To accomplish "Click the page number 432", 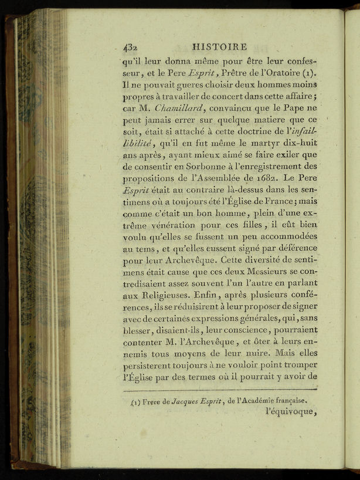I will [x=130, y=48].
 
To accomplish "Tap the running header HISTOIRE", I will [x=220, y=46].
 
